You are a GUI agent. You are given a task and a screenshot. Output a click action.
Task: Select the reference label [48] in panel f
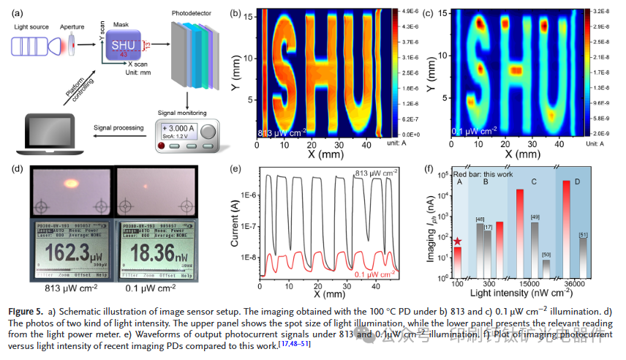pos(480,219)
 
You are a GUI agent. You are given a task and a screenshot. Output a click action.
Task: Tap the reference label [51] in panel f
pos(583,235)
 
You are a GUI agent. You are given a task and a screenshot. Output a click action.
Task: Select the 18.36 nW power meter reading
pos(154,251)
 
